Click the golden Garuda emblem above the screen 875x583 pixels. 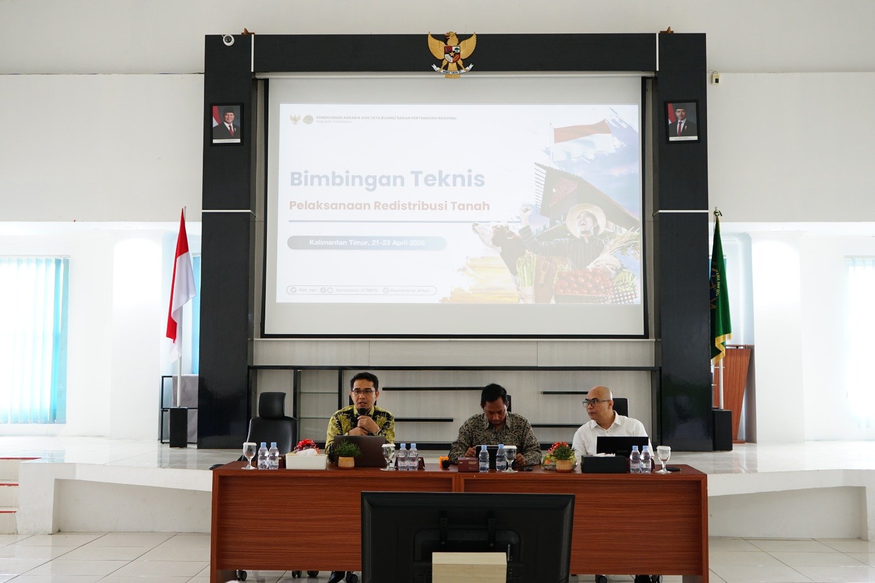pos(452,54)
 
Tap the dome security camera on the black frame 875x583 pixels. pos(228,39)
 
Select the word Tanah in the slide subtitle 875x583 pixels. pos(470,206)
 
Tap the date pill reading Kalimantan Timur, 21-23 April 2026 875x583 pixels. pos(366,243)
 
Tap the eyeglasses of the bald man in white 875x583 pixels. pos(595,403)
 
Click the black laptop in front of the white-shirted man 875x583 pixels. pos(622,446)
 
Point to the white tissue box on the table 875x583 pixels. pos(306,461)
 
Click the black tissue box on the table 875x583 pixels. pos(603,464)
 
